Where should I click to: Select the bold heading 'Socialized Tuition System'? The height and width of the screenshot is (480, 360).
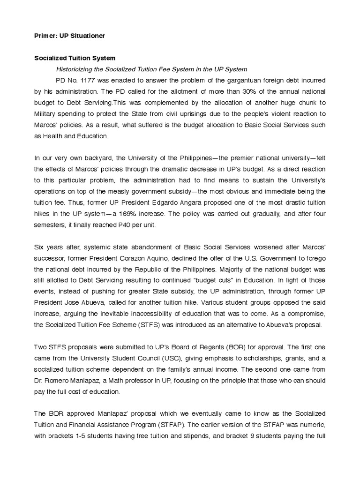[x=75, y=59]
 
